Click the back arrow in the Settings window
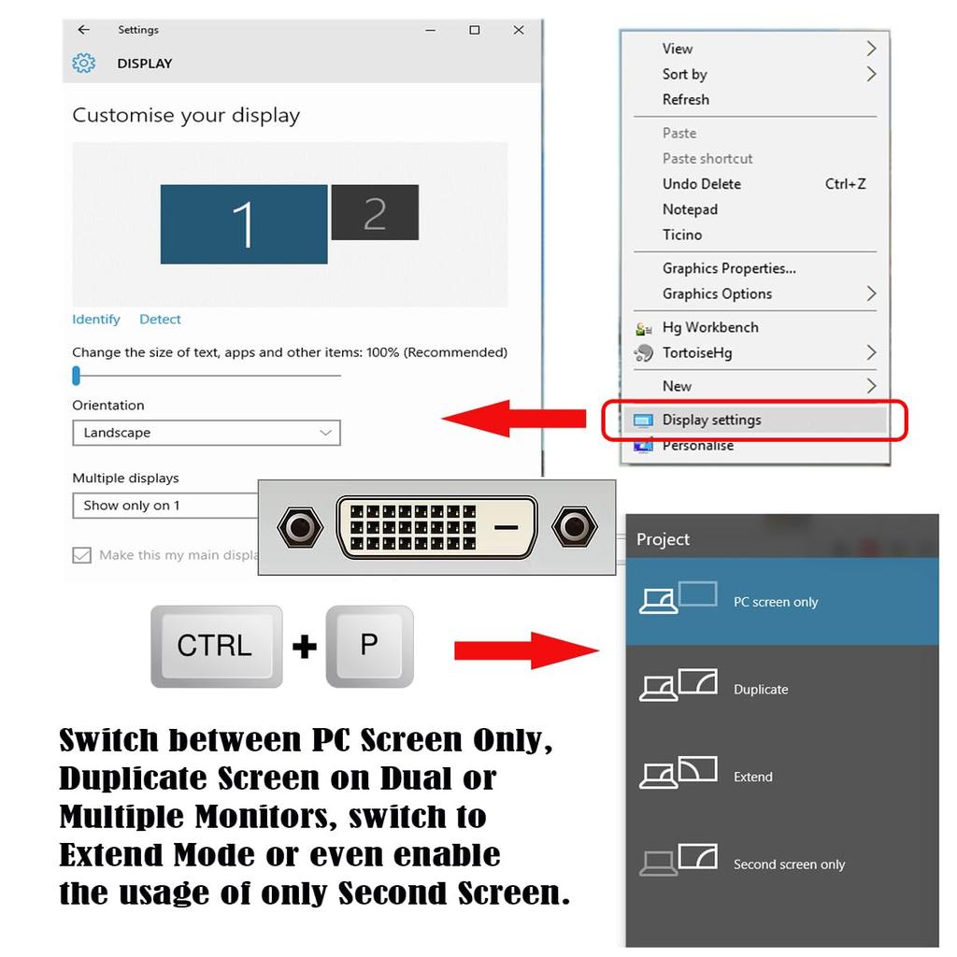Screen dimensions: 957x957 coord(84,30)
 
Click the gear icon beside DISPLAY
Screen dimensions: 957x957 coord(84,64)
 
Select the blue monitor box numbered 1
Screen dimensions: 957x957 coord(244,224)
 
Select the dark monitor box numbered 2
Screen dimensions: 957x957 coord(375,212)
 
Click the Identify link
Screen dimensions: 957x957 coord(96,320)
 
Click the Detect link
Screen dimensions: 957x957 coord(160,320)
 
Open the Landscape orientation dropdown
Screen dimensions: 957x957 coord(207,433)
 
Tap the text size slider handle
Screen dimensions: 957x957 coord(77,376)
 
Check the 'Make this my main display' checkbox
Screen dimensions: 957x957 coord(82,555)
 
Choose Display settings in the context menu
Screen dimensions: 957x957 coord(711,420)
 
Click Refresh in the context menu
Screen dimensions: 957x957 coord(685,100)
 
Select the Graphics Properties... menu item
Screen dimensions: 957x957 coord(729,268)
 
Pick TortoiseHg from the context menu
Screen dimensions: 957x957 coord(697,352)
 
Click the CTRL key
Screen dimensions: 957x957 coord(216,646)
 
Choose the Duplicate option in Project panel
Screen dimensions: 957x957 coord(760,689)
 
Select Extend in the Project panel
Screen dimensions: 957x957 coord(752,777)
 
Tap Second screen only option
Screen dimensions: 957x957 coord(788,864)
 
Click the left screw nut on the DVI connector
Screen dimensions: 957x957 coord(301,528)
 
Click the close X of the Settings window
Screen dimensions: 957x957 coord(519,30)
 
